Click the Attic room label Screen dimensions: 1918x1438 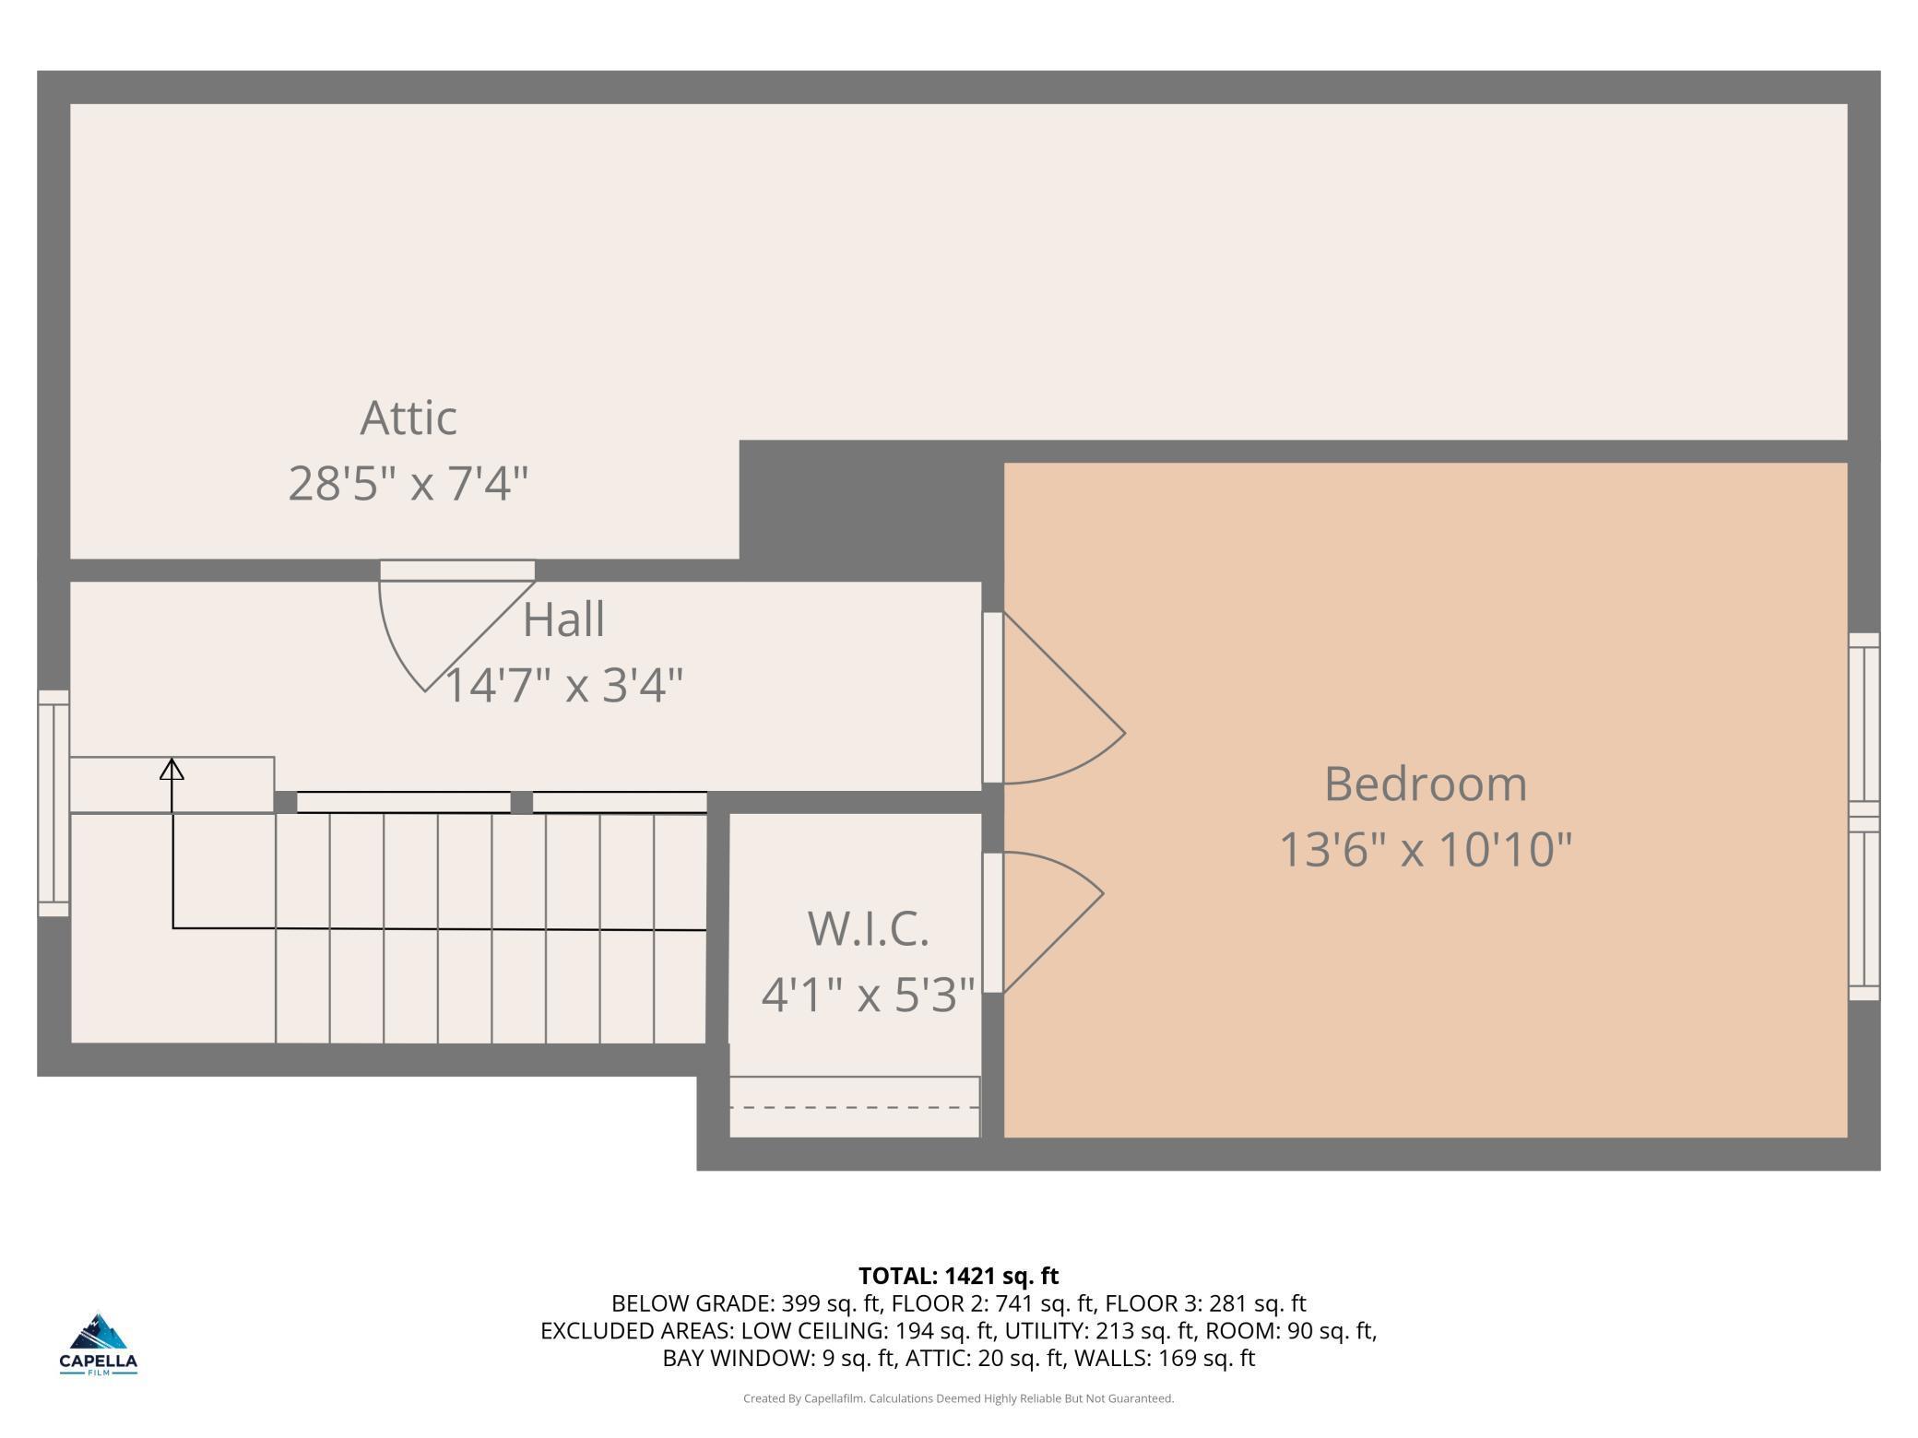pyautogui.click(x=408, y=418)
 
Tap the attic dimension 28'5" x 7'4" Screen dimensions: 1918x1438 pyautogui.click(x=408, y=483)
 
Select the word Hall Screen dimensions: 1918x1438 pyautogui.click(x=563, y=619)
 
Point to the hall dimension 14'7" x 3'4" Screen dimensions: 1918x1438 pyautogui.click(x=564, y=685)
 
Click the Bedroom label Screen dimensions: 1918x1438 pyautogui.click(x=1426, y=784)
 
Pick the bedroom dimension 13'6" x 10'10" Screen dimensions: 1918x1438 pyautogui.click(x=1426, y=849)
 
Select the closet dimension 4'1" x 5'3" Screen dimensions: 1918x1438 pyautogui.click(x=868, y=994)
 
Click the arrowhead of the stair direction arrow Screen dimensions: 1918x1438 pyautogui.click(x=172, y=769)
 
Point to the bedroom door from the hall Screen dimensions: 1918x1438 pyautogui.click(x=1053, y=698)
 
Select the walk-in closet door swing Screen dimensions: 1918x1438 pyautogui.click(x=1043, y=922)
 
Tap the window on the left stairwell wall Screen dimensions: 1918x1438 pyautogui.click(x=53, y=803)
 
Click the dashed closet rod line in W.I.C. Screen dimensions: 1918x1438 pyautogui.click(x=854, y=1107)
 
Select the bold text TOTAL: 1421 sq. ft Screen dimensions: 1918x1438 pyautogui.click(x=959, y=1276)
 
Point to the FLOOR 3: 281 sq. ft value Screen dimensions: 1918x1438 pyautogui.click(x=1205, y=1303)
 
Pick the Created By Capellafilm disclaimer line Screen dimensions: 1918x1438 pyautogui.click(x=959, y=1398)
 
